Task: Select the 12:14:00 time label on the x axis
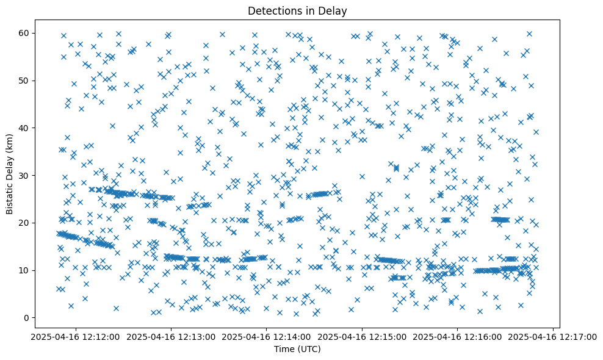pos(266,336)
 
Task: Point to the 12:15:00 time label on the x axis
pos(362,336)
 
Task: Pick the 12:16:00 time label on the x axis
pos(458,336)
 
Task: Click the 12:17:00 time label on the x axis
pos(554,336)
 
